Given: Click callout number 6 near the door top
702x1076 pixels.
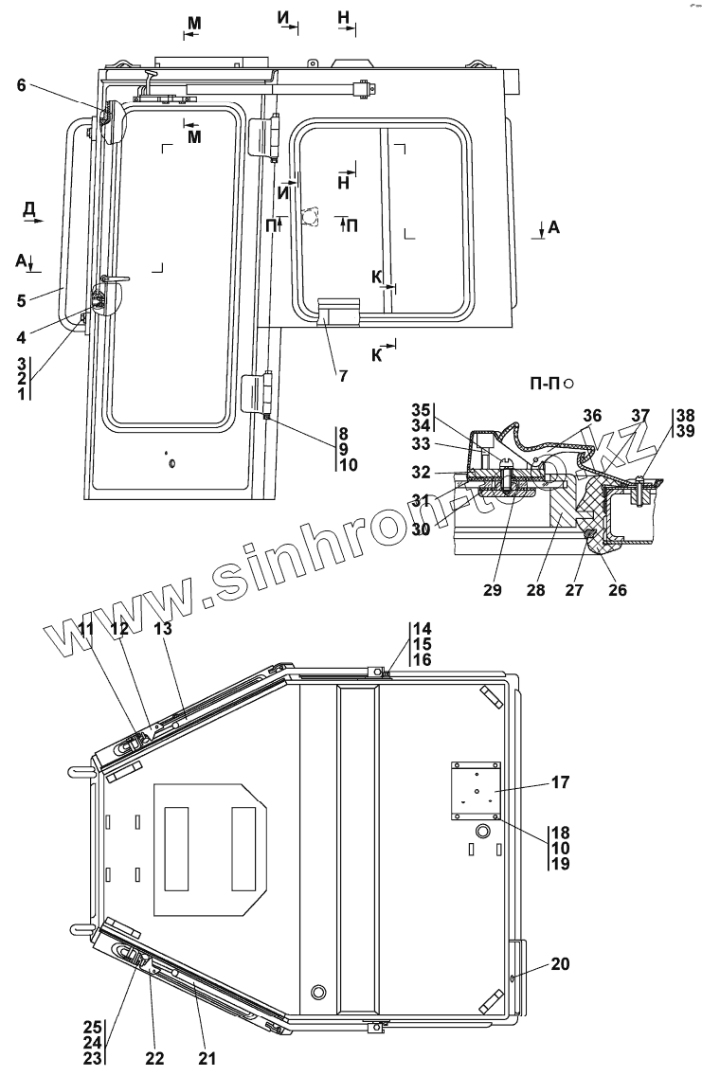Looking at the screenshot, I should (21, 85).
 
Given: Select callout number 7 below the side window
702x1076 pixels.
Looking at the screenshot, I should (342, 375).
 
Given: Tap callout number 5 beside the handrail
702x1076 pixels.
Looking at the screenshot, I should (21, 301).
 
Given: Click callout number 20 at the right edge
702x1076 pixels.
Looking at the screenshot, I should (560, 964).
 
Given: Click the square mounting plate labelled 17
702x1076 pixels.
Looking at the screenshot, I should (475, 784).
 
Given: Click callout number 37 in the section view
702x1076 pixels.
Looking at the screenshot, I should (640, 415).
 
